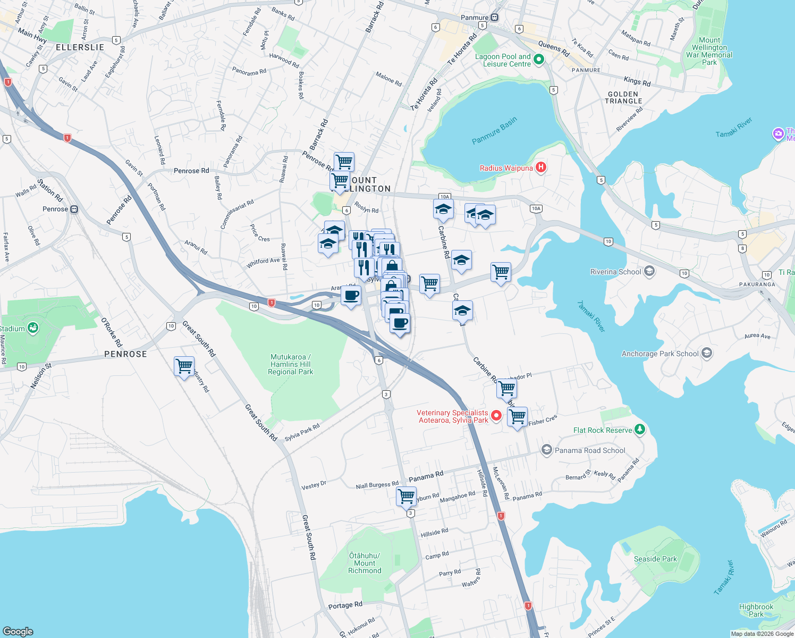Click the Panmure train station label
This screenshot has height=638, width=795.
click(474, 18)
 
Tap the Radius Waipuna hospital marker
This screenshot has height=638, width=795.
click(540, 168)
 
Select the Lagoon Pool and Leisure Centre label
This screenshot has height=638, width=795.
click(503, 60)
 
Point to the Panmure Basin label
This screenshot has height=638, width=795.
click(494, 131)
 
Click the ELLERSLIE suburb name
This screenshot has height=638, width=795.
click(80, 47)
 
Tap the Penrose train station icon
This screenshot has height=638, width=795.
click(74, 209)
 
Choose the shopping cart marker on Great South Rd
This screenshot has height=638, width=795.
click(184, 366)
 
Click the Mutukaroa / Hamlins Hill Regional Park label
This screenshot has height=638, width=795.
click(291, 365)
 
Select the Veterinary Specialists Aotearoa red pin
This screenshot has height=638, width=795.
click(496, 416)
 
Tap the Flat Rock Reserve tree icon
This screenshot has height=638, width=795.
click(640, 430)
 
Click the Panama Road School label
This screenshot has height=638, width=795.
click(590, 450)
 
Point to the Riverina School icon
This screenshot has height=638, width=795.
click(649, 272)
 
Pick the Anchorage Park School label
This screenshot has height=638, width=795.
click(660, 354)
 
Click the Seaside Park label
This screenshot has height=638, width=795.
click(655, 559)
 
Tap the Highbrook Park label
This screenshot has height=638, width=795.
click(756, 610)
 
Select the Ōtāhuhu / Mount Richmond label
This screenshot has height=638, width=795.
click(365, 563)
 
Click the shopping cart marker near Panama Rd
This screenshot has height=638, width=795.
click(406, 496)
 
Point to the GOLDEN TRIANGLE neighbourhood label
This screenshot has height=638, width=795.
click(623, 97)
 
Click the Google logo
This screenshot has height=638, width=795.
click(18, 631)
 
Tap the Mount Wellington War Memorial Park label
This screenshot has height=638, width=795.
click(709, 51)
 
